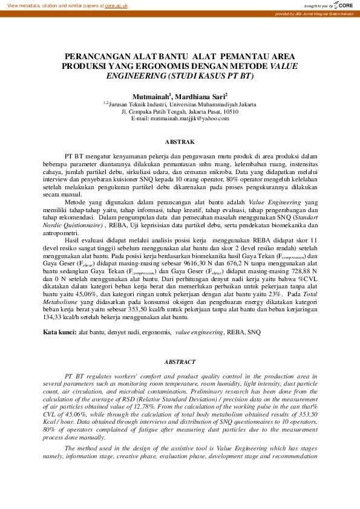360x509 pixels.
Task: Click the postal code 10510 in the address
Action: (x=231, y=111)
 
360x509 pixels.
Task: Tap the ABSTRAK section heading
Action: (x=180, y=141)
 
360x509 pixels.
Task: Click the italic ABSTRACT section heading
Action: (x=180, y=361)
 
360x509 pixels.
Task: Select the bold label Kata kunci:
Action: (x=59, y=332)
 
